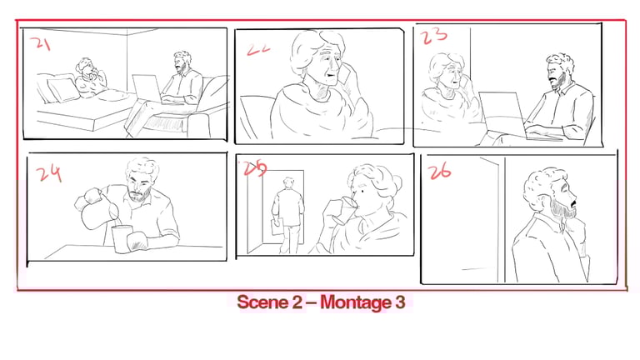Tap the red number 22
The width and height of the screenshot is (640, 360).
(258, 49)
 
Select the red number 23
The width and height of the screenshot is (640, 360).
(434, 36)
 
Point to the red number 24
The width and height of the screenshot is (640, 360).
(49, 173)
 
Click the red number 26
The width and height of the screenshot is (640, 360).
(439, 171)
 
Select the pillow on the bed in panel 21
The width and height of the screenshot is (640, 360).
(63, 90)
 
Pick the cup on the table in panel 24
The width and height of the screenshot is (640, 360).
(122, 239)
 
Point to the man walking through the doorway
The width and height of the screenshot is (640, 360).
(288, 215)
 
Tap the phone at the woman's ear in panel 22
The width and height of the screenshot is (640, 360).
(346, 75)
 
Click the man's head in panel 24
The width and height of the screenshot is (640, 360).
(141, 180)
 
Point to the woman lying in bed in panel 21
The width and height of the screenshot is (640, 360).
(91, 78)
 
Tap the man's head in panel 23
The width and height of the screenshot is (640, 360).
(559, 71)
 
